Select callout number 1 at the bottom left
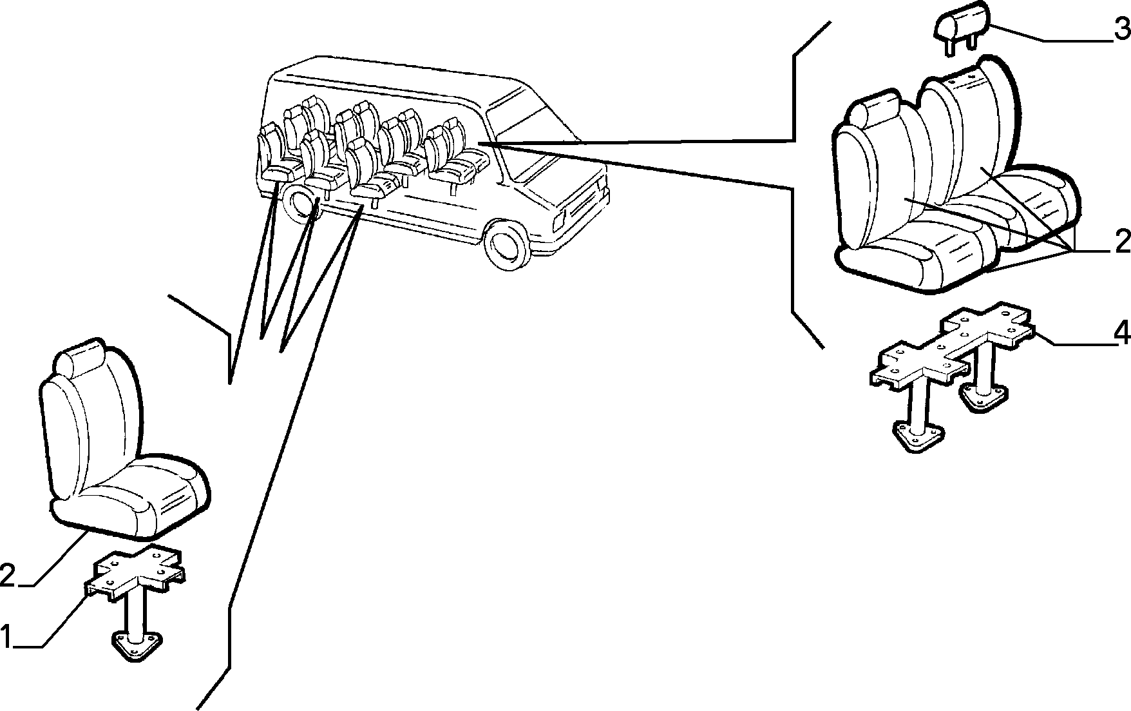[x=6, y=636]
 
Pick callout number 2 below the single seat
[x=7, y=575]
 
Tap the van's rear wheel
[x=302, y=202]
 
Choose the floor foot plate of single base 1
[x=137, y=645]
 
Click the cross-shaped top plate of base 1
[x=135, y=570]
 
